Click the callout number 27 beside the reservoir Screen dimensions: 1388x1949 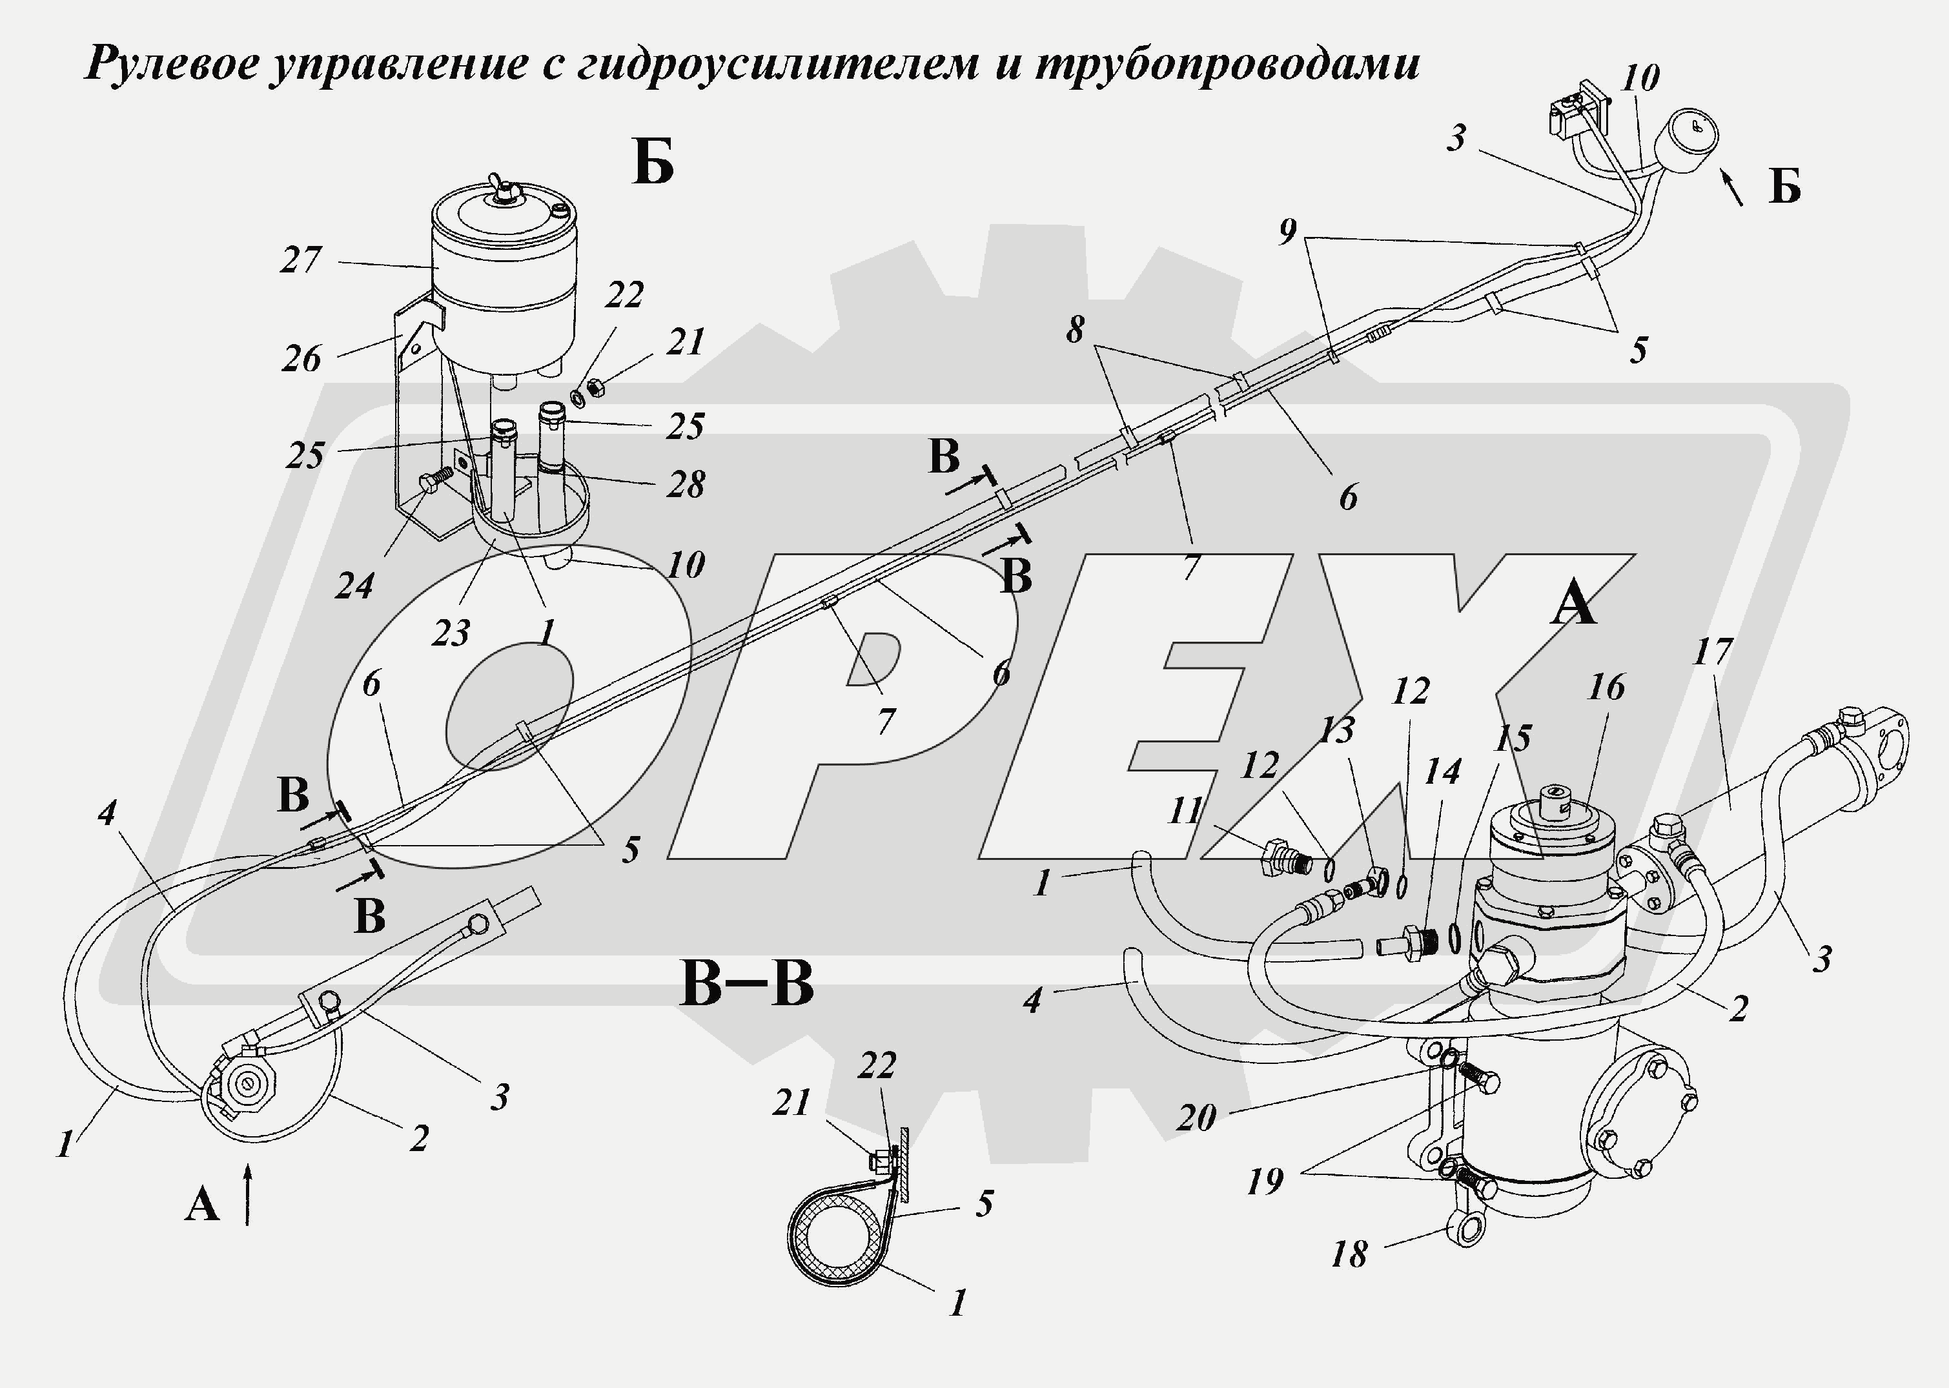[x=301, y=260]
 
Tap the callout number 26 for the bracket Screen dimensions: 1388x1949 [x=301, y=359]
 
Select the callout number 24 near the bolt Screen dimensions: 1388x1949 [x=354, y=586]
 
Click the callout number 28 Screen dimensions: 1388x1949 [x=685, y=485]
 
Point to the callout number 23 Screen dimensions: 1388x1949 [x=451, y=633]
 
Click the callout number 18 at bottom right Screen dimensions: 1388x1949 [x=1349, y=1254]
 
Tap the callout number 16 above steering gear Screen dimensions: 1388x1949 [x=1606, y=687]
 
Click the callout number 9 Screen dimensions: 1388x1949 [x=1288, y=230]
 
